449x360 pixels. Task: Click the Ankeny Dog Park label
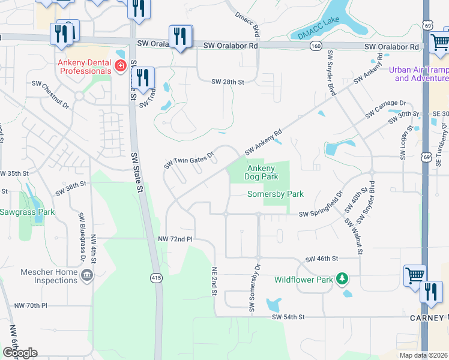coord(262,173)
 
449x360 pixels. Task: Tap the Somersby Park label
coord(276,194)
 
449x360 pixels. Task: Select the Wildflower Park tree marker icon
coord(342,278)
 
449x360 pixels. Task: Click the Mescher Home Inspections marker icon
coord(87,275)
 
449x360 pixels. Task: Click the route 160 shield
coord(315,46)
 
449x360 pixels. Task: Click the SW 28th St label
coord(228,82)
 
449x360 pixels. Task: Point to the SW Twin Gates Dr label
coord(190,160)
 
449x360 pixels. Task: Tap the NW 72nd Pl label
coord(175,239)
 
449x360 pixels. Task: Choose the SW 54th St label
coord(289,316)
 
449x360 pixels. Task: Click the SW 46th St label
coord(322,259)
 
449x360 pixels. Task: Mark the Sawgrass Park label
coord(27,212)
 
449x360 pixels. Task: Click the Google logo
coord(20,353)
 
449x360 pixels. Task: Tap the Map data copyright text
coord(423,355)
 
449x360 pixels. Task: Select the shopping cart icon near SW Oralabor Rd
coord(440,41)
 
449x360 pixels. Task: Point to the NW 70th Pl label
coord(31,305)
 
